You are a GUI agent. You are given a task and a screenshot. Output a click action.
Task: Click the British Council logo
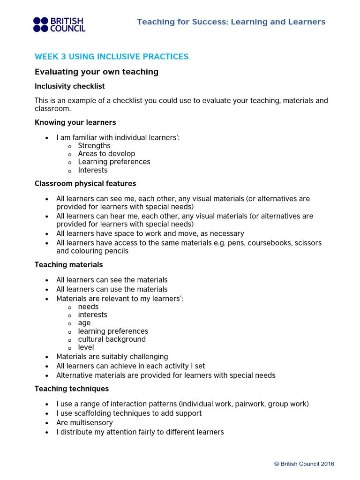point(59,24)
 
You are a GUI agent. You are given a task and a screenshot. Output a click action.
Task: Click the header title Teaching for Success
point(231,22)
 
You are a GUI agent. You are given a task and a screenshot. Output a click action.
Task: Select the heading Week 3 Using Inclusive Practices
point(112,57)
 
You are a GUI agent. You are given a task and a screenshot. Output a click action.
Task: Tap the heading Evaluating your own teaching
point(97,72)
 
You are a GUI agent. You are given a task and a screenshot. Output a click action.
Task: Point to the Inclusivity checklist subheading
point(70,86)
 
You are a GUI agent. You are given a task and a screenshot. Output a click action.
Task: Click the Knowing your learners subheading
point(75,122)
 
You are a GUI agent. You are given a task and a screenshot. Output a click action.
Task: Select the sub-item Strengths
point(94,146)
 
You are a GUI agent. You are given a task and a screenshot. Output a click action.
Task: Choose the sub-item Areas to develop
point(106,154)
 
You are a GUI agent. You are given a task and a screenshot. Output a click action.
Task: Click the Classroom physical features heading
point(85,183)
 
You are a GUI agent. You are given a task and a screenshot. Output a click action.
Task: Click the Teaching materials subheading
point(68,265)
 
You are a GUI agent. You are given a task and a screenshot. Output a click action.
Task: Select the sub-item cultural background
point(112,339)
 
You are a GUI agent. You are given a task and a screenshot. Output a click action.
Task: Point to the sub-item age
point(84,323)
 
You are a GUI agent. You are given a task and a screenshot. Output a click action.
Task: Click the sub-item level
point(86,347)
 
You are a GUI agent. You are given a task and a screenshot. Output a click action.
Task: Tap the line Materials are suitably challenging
point(112,357)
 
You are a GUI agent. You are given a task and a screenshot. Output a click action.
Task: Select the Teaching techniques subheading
point(72,389)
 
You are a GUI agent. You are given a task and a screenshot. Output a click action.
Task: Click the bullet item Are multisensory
point(84,423)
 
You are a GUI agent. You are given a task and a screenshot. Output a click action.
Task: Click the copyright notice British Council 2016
point(304,464)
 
